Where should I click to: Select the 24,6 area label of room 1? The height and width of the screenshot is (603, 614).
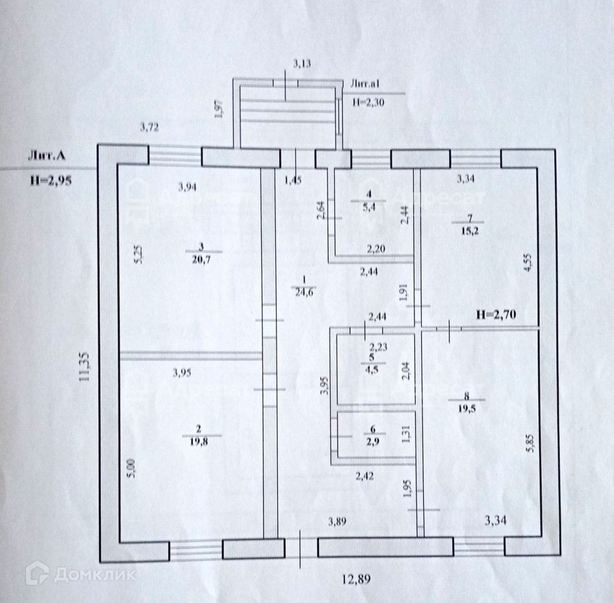click(x=303, y=293)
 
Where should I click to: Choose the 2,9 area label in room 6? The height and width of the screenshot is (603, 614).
click(x=373, y=441)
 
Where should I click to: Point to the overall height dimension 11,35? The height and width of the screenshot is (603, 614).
click(x=83, y=367)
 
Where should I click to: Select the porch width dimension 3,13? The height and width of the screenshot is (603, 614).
click(x=303, y=64)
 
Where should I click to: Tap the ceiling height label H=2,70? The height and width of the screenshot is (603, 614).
click(x=496, y=313)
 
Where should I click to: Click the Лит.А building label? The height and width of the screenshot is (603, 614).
click(x=47, y=156)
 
